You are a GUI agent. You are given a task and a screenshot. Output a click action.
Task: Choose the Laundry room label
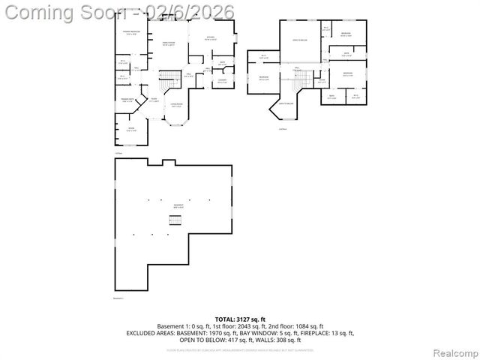point(222,80)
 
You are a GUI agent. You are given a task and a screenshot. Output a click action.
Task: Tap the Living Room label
point(176,105)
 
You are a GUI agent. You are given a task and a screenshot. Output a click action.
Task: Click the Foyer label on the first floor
point(153,100)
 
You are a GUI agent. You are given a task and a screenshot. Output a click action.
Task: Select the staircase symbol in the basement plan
point(176,221)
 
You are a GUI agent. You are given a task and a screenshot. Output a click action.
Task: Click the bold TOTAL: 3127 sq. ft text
point(240,319)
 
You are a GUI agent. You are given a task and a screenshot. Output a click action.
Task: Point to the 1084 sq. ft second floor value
point(307,326)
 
